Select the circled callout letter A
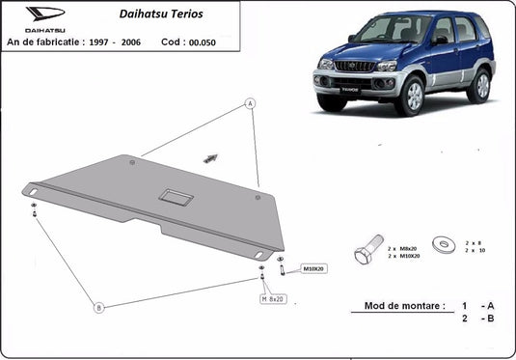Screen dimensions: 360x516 (x=249, y=103)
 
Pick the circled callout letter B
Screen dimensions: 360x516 (x=97, y=308)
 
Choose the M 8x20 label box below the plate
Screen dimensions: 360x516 (x=276, y=299)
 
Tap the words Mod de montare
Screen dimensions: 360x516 (x=405, y=306)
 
